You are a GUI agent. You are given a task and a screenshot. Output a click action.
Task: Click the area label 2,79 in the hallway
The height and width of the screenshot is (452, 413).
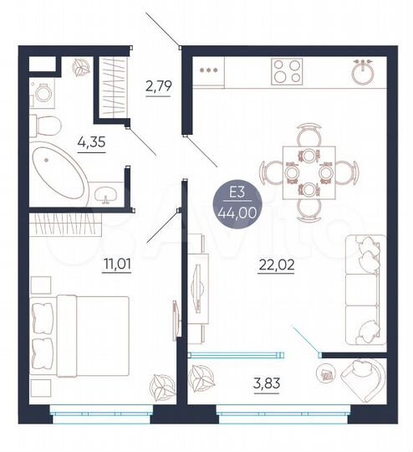point(158,85)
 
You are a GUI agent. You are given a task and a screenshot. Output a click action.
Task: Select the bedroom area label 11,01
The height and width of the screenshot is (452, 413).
point(112,267)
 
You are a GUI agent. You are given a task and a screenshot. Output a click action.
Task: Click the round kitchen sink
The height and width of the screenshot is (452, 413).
point(362,72)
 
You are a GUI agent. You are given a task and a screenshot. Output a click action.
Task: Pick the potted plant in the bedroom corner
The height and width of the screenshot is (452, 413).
point(157,387)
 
